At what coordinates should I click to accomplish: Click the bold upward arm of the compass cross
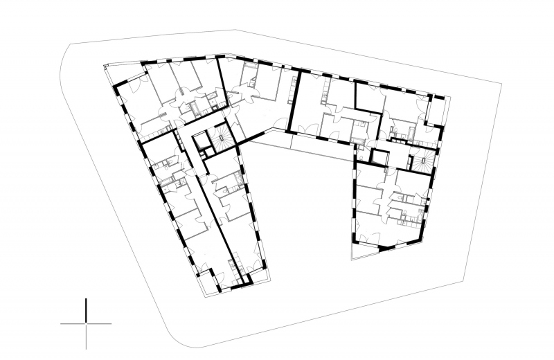click(86, 310)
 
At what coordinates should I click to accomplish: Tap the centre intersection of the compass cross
click(86, 323)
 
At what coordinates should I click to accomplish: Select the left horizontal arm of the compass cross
click(73, 323)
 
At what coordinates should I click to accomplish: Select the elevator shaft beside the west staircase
click(202, 141)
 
